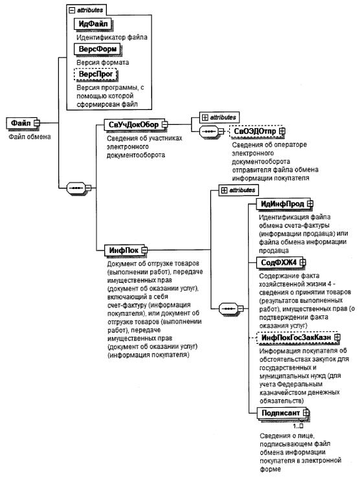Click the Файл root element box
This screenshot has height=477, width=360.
pyautogui.click(x=21, y=123)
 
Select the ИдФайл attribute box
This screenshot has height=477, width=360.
pyautogui.click(x=93, y=24)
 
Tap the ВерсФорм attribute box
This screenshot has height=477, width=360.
pyautogui.click(x=97, y=49)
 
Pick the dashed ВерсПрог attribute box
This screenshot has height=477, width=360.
pyautogui.click(x=96, y=74)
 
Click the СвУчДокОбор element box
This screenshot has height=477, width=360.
pyautogui.click(x=134, y=124)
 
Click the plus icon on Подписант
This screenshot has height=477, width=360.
pyautogui.click(x=306, y=413)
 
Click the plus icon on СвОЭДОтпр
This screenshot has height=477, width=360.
pyautogui.click(x=282, y=131)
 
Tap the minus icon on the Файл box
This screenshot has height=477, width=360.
pyautogui.click(x=37, y=123)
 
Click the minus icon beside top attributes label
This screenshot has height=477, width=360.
pyautogui.click(x=72, y=10)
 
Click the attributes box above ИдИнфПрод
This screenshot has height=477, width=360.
pyautogui.click(x=238, y=190)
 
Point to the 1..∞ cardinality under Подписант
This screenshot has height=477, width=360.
pyautogui.click(x=298, y=426)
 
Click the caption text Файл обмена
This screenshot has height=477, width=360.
pyautogui.click(x=30, y=137)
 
